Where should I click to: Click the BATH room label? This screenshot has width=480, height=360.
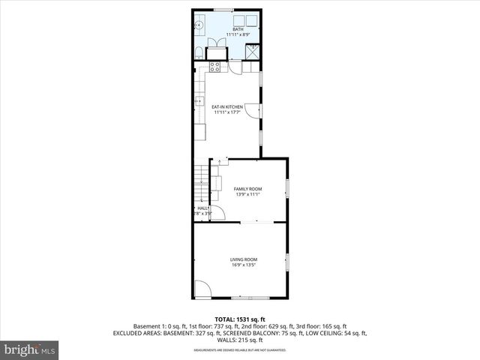227,29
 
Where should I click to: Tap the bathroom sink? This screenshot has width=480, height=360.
199,25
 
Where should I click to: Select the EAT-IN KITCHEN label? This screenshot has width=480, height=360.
226,107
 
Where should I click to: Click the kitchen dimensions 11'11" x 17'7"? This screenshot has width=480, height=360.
226,113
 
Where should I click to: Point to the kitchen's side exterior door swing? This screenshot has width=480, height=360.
255,111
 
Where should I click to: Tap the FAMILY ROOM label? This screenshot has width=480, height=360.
247,188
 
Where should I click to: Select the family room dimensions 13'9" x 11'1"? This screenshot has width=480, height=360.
247,195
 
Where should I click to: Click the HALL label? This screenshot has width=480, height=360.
202,208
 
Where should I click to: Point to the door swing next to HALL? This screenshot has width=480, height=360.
217,212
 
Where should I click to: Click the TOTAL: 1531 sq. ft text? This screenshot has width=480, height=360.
240,319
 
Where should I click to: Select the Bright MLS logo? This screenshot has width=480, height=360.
30,349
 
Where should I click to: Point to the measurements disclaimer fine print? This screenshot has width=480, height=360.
240,350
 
